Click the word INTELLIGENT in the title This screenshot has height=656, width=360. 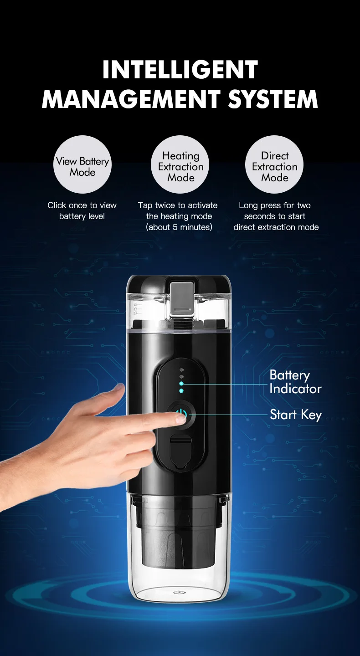coord(180,71)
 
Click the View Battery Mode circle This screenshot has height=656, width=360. coord(82,164)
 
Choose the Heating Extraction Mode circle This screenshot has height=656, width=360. coord(180,164)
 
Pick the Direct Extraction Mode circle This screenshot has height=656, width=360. coord(275,164)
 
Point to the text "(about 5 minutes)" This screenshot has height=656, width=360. coord(179,227)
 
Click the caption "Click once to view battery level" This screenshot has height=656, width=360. coord(82,210)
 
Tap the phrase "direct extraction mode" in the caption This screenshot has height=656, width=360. coord(276,227)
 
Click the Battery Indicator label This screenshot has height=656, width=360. coord(295,382)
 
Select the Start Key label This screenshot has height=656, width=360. coord(295,415)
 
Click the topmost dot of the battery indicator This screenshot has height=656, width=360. coord(181,370)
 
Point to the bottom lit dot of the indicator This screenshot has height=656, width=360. coord(181,391)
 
